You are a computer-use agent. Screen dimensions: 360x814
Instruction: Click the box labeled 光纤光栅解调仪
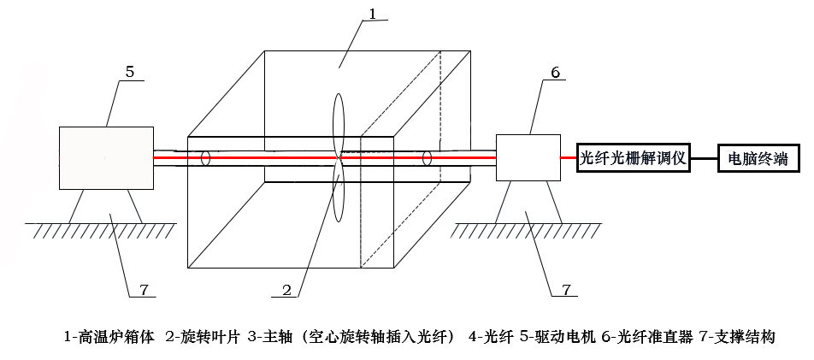634,158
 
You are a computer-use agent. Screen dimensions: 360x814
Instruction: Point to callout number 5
128,72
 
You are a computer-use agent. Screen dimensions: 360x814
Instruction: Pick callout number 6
555,73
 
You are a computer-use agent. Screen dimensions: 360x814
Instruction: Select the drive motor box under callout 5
106,158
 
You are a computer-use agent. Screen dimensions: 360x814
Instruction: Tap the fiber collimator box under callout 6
528,157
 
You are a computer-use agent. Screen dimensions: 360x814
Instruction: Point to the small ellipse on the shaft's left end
205,158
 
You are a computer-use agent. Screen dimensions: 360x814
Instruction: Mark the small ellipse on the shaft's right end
426,158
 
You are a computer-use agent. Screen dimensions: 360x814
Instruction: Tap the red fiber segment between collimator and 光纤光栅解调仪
568,158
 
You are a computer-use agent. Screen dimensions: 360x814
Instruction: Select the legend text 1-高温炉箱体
109,337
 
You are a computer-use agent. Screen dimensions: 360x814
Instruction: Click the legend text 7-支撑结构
736,337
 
